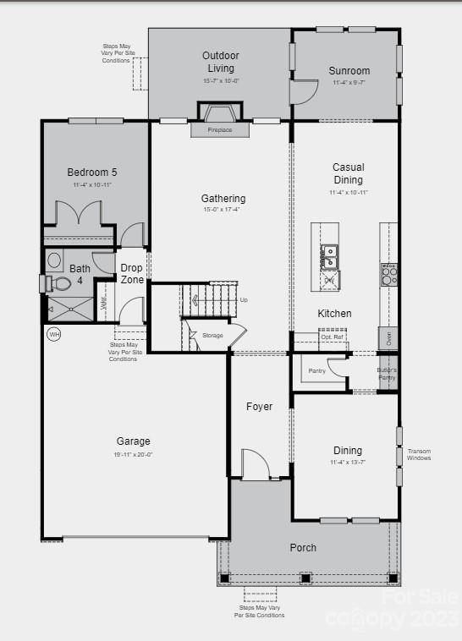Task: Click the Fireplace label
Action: pyautogui.click(x=220, y=130)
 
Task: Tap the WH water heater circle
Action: pyautogui.click(x=53, y=334)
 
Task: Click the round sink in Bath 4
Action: pyautogui.click(x=54, y=260)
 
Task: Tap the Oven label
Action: pyautogui.click(x=389, y=337)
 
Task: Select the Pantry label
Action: pyautogui.click(x=317, y=370)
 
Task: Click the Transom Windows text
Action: pyautogui.click(x=419, y=455)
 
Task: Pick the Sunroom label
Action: pyautogui.click(x=350, y=72)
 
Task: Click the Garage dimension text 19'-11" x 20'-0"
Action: pyautogui.click(x=134, y=454)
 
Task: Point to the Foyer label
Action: pyautogui.click(x=259, y=407)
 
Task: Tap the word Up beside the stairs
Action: pyautogui.click(x=245, y=300)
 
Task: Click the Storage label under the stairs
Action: pyautogui.click(x=212, y=336)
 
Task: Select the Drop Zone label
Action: pyautogui.click(x=131, y=273)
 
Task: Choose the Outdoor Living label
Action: pyautogui.click(x=220, y=62)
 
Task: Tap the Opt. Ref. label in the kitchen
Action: pyautogui.click(x=332, y=337)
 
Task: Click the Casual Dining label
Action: pyautogui.click(x=348, y=173)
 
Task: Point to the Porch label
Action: pyautogui.click(x=303, y=548)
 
